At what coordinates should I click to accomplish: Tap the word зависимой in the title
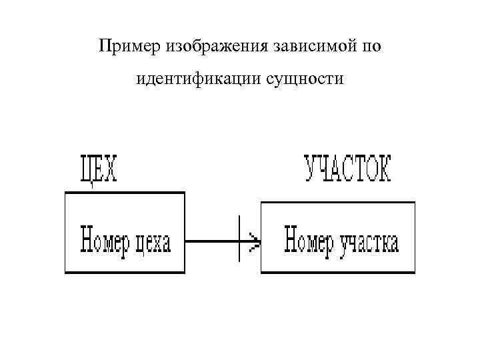point(315,47)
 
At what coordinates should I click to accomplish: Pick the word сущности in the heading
point(309,80)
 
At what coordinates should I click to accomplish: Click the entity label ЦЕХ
point(98,169)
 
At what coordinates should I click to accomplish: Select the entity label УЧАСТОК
point(349,169)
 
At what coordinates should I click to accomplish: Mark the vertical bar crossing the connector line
point(239,239)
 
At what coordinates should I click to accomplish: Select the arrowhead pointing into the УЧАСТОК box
point(254,239)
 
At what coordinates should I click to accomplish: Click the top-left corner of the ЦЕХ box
point(65,193)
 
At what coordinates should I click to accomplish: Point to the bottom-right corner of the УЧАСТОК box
point(415,272)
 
